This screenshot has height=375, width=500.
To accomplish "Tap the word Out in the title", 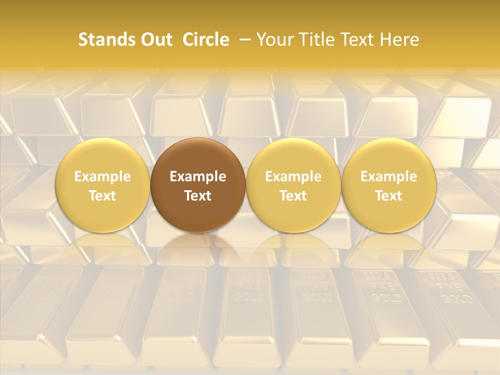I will [x=155, y=40].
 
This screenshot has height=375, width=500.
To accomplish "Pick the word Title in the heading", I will [x=318, y=40].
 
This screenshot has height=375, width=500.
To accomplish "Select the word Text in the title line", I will [x=359, y=40].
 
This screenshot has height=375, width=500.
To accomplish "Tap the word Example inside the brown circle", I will [x=198, y=177].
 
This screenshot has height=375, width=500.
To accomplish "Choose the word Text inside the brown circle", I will [x=198, y=196].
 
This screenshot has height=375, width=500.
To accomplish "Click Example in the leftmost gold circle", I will [x=102, y=177].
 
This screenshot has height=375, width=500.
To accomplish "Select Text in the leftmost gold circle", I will [x=102, y=196].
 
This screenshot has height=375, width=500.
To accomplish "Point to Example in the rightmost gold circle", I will [x=389, y=177].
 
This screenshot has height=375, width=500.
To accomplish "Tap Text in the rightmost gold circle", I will [x=389, y=196].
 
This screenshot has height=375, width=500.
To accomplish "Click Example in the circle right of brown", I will [x=293, y=177].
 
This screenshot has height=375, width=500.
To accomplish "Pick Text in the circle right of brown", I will [x=293, y=196].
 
